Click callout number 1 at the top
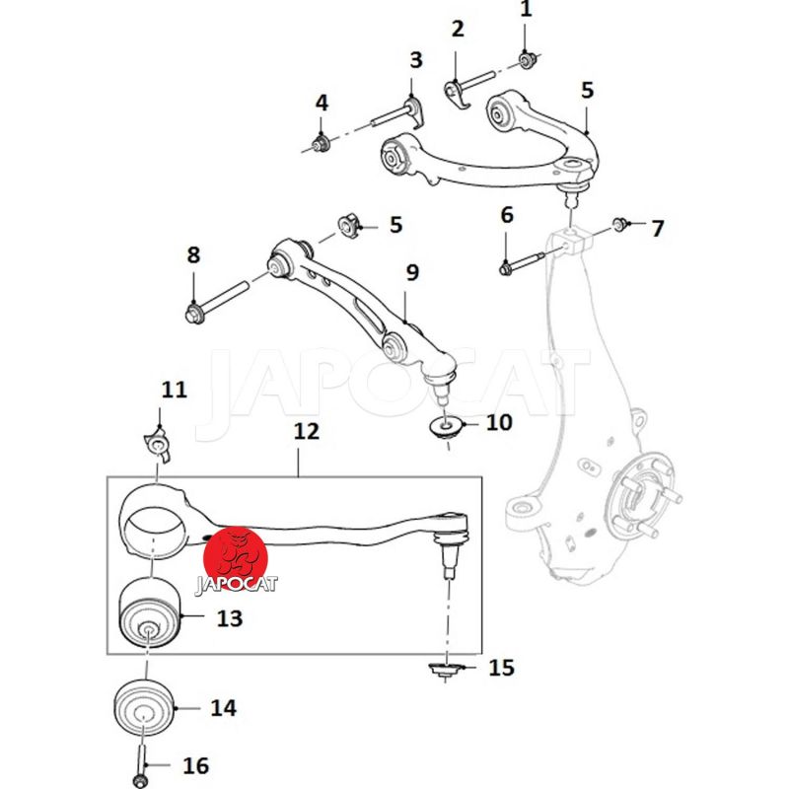tap(526, 11)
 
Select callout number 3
tap(415, 60)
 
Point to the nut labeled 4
tap(320, 146)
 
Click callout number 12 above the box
tap(307, 432)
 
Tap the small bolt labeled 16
tap(142, 770)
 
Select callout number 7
tap(657, 229)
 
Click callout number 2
tap(457, 29)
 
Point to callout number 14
tap(223, 707)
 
